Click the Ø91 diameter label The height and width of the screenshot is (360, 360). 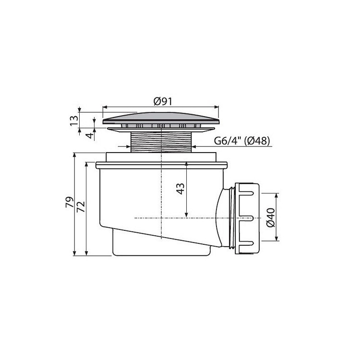pyautogui.click(x=163, y=101)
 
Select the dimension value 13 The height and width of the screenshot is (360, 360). pyautogui.click(x=74, y=120)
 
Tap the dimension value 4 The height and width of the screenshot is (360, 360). pyautogui.click(x=90, y=135)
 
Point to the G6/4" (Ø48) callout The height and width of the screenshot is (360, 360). pyautogui.click(x=242, y=141)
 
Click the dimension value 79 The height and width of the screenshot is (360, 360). pyautogui.click(x=70, y=202)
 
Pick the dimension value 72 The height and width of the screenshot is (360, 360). pyautogui.click(x=81, y=206)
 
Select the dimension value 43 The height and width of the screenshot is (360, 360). pyautogui.click(x=180, y=189)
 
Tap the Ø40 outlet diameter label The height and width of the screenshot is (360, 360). pyautogui.click(x=271, y=217)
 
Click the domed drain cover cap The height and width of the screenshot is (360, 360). pyautogui.click(x=161, y=118)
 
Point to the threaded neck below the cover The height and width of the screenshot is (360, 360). pyautogui.click(x=161, y=142)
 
